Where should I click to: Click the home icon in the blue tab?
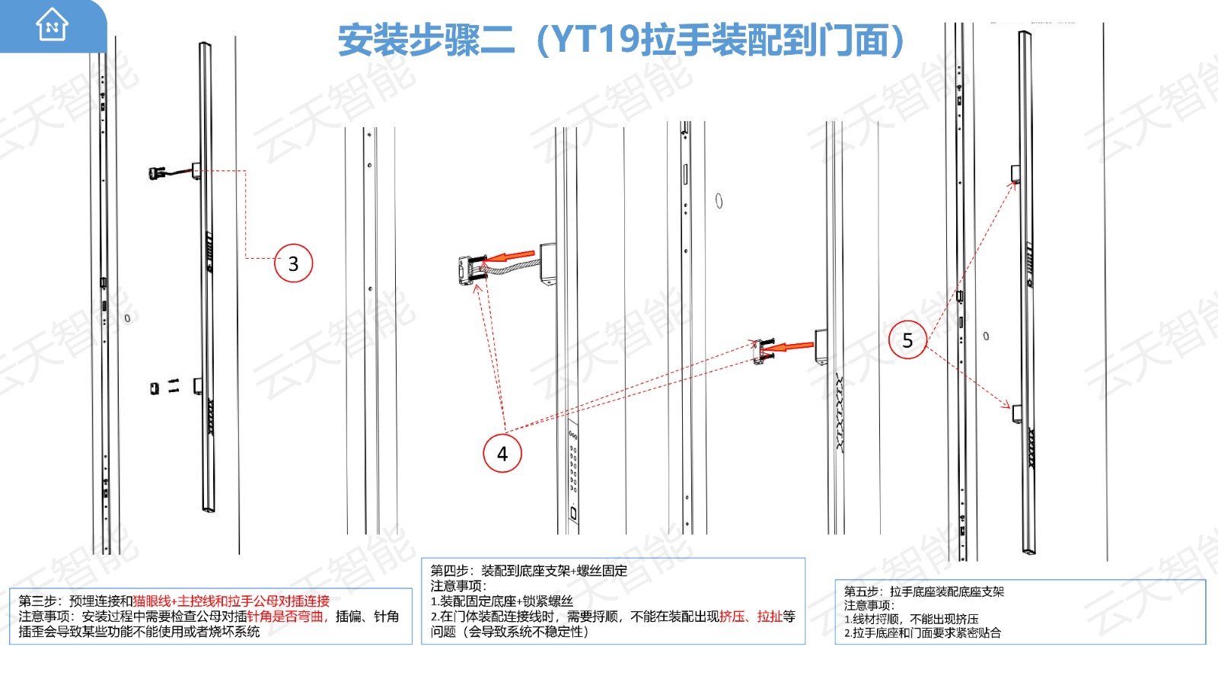coord(52,24)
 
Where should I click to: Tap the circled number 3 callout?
coord(293,263)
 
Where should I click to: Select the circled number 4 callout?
coord(502,453)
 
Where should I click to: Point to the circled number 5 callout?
coord(907,339)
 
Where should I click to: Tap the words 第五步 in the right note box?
coord(862,591)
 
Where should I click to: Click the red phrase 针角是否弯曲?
coord(285,616)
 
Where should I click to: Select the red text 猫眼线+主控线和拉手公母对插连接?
coord(231,601)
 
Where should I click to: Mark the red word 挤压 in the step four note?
coord(732,616)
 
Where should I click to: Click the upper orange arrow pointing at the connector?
coord(510,256)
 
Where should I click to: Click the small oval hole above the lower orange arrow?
coord(719,201)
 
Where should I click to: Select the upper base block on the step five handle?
coord(1015,174)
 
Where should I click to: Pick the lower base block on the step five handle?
coord(1017,414)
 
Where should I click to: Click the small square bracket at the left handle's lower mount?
coord(155,387)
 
